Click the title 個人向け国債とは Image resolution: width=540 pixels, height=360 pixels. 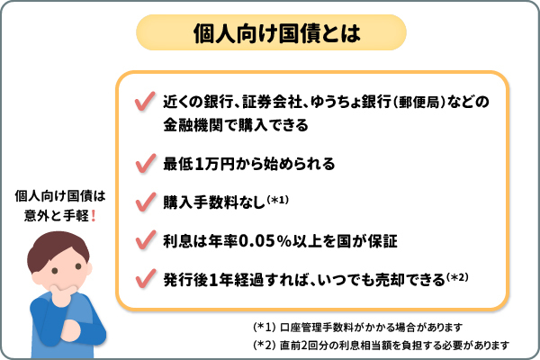click(x=269, y=34)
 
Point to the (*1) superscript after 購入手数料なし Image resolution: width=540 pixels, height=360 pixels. click(x=276, y=199)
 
